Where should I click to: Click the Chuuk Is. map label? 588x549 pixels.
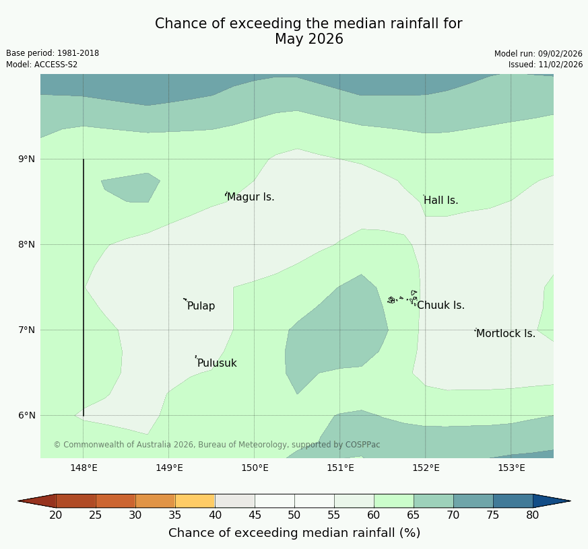point(440,305)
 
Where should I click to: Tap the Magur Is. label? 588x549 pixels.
point(251,197)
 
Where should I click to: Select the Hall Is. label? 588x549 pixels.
point(440,200)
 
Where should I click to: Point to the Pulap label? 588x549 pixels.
point(201,306)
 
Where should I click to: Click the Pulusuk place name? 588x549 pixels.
point(217,363)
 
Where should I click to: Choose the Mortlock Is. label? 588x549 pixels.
point(505,334)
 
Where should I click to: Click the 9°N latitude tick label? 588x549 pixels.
point(26,159)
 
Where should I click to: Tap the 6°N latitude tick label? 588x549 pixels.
point(26,416)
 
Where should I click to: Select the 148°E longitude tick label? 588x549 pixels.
point(84,468)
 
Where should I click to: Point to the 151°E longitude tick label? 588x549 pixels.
point(340,468)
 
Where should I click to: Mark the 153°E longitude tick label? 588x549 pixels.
point(511,468)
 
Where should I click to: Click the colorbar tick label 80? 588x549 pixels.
point(533,515)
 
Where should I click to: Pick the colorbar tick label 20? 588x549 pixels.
point(56,515)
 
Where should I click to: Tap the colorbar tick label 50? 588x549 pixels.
point(294,515)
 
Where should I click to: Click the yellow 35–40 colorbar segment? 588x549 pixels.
point(195,501)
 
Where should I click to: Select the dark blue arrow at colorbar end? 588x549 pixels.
point(551,501)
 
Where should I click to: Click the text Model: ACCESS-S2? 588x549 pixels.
point(42,65)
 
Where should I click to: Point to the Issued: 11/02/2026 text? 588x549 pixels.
point(546,65)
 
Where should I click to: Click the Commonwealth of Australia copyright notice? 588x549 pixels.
point(217,445)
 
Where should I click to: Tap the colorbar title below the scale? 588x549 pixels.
point(294,533)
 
